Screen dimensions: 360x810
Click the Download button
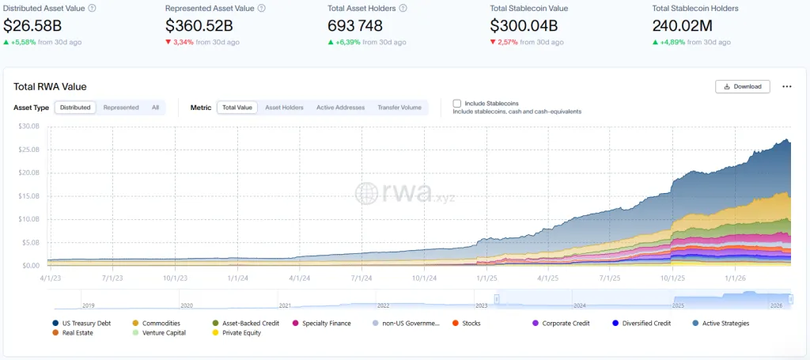742,86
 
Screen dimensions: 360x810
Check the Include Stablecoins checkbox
457,103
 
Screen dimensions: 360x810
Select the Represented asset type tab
121,108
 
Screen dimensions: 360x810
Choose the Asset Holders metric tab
284,108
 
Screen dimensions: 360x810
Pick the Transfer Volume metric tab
399,108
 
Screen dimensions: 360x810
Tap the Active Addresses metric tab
340,108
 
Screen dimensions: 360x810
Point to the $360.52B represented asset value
199,25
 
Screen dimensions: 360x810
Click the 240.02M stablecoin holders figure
684,25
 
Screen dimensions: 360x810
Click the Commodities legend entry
161,323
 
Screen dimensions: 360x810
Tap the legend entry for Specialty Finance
326,323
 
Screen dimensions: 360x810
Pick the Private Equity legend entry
240,333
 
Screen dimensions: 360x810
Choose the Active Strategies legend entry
725,323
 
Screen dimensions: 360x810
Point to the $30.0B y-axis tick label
29,127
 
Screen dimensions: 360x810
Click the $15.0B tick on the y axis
29,196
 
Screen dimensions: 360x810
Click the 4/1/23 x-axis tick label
49,278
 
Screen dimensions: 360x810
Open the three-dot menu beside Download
786,86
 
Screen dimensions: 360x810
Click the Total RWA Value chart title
50,86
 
